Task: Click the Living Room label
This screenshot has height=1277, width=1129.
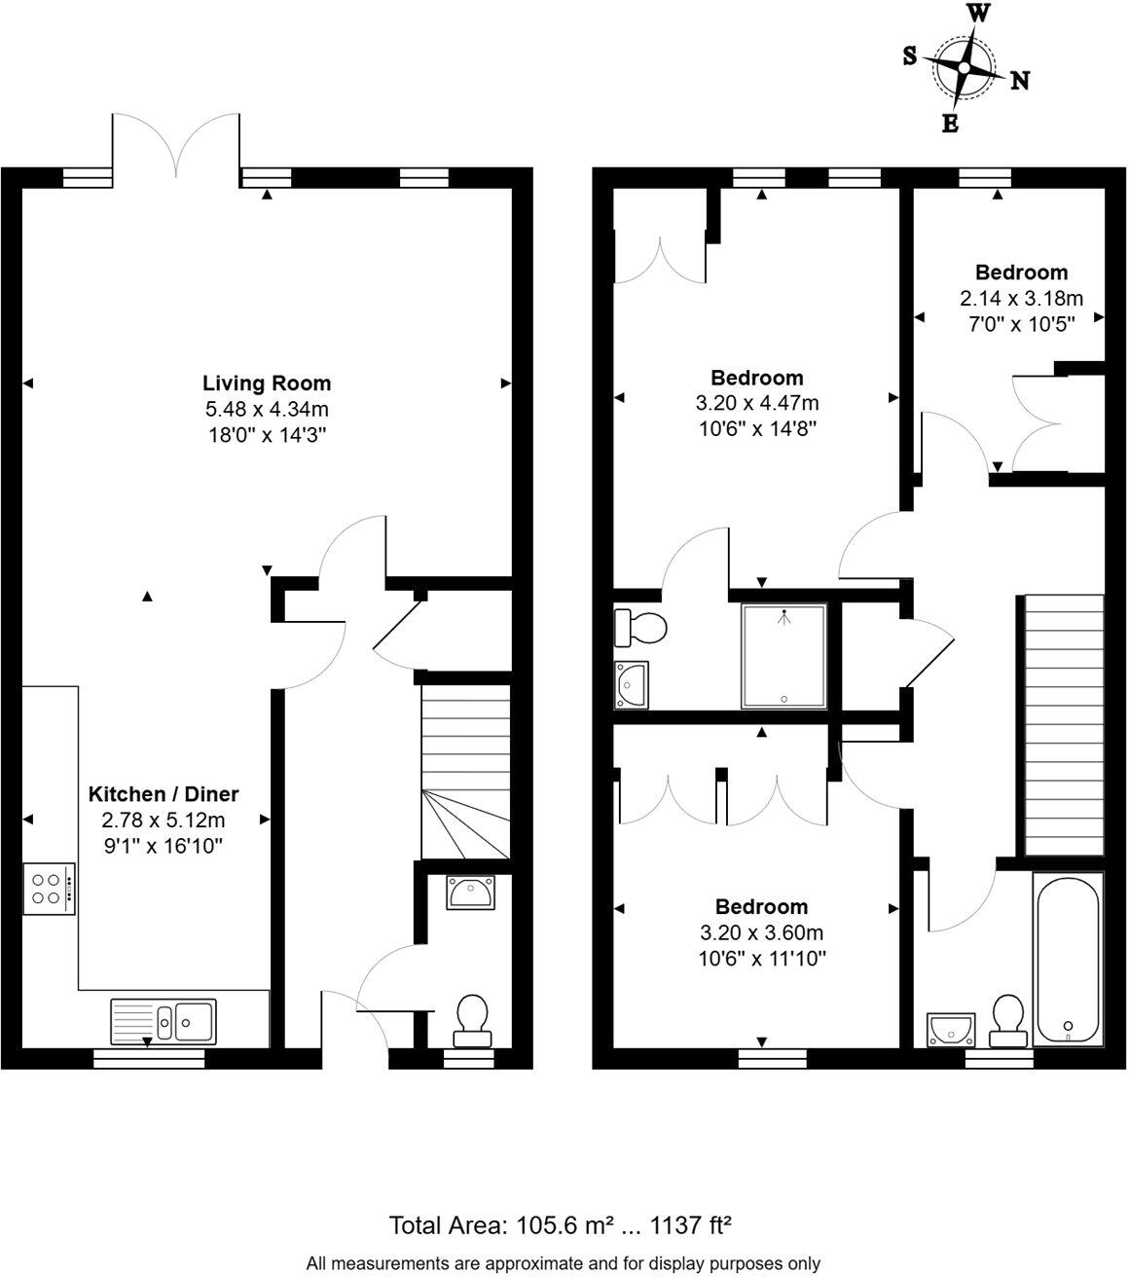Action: coord(267,383)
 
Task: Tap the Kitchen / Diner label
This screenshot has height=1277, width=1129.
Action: coord(164,794)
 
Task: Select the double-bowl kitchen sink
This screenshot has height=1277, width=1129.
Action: coord(164,1020)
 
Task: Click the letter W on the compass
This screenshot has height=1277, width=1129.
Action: coord(978,14)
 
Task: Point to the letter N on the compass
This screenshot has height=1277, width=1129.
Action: coord(1020,81)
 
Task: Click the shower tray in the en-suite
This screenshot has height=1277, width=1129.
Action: coord(784,655)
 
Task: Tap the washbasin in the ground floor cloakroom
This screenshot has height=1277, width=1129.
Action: coord(471,892)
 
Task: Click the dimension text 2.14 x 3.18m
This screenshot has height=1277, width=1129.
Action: coord(1021,299)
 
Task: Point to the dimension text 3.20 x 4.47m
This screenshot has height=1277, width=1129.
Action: coord(756,403)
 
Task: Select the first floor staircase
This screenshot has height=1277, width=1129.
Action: coord(1063,724)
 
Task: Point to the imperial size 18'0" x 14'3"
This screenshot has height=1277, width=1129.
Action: coord(267,436)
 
